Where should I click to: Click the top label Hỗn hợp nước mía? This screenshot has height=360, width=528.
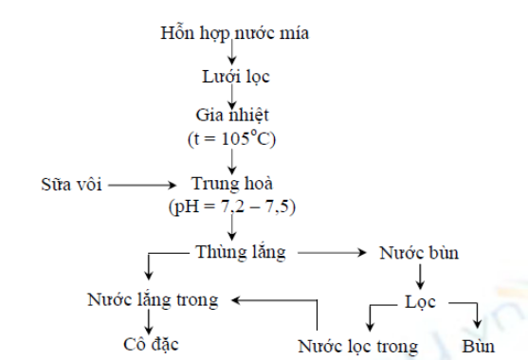coord(234,33)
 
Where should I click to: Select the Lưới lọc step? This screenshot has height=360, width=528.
coord(236,77)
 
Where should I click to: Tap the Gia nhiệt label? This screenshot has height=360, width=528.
coord(232,116)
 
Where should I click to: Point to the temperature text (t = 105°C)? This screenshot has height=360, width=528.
coord(231,138)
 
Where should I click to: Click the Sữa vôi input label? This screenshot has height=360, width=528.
coord(71,184)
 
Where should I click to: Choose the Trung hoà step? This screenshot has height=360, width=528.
coord(232,184)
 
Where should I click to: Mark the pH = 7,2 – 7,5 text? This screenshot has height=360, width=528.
coord(232,207)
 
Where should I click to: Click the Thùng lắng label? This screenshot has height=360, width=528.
coord(241,252)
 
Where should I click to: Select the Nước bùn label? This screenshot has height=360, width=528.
coord(419,253)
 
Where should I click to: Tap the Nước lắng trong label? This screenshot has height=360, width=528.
coord(153,299)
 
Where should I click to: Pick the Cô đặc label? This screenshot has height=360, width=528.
coord(151,344)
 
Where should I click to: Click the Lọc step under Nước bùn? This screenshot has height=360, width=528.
coord(420,302)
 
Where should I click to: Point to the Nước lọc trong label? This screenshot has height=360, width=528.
coord(357,346)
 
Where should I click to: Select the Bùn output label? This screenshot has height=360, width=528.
coord(478,346)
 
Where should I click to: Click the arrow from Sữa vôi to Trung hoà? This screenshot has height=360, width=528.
coord(142,185)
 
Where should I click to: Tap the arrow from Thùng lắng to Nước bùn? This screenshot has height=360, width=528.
coord(332,252)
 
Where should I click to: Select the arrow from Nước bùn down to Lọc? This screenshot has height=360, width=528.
coord(420,277)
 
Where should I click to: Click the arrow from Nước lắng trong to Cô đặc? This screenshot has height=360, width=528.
coord(149,322)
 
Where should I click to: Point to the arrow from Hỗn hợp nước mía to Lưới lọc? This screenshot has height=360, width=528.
coord(231,52)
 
